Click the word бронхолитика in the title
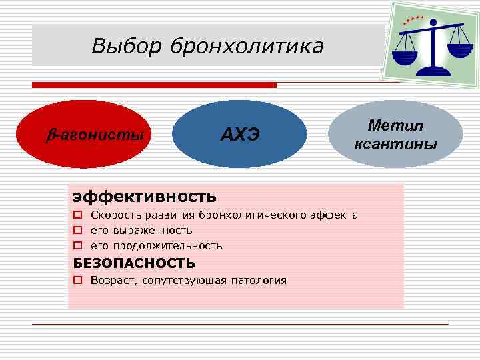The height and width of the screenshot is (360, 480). pos(247,47)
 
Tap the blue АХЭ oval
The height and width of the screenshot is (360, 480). pos(239,135)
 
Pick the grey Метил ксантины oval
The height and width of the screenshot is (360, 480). pos(395,135)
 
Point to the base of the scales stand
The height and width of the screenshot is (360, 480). pos(437,71)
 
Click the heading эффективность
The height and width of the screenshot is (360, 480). pos(145,196)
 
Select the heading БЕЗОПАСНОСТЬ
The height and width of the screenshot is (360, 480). pos(134,263)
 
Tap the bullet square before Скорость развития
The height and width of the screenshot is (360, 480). pos(78,215)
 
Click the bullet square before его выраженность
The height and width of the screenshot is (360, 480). pos(78,231)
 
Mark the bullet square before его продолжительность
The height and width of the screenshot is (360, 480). pos(78,246)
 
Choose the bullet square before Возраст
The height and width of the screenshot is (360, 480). pos(78,281)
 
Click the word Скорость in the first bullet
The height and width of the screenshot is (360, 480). pos(114,215)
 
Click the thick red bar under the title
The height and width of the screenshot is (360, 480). pos(154,85)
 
